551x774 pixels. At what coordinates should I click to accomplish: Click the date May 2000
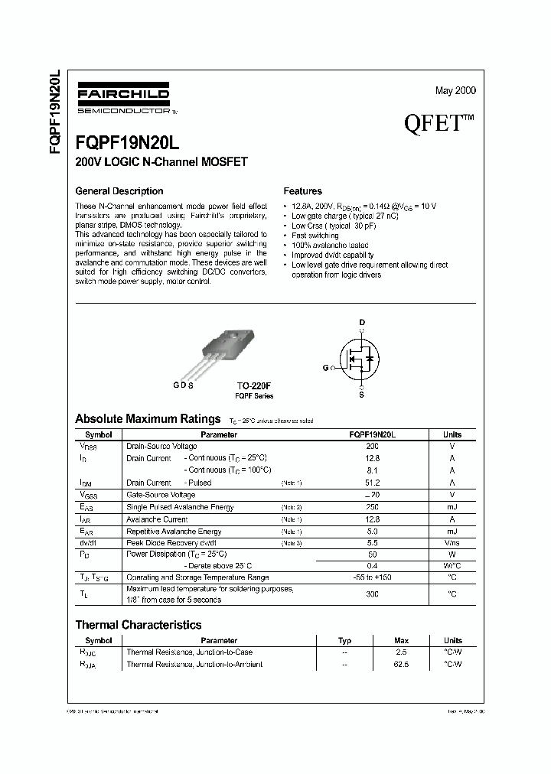[x=455, y=90]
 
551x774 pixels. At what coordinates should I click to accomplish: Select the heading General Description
[x=119, y=191]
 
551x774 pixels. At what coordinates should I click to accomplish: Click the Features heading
[x=302, y=191]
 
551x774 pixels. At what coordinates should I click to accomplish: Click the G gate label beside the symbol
[x=325, y=368]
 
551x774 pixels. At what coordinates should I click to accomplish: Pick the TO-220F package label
[x=254, y=387]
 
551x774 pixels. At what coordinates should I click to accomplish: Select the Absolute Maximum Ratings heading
[x=148, y=418]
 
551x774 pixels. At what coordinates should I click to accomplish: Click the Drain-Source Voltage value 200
[x=373, y=446]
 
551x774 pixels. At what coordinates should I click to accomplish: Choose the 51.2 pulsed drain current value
[x=373, y=483]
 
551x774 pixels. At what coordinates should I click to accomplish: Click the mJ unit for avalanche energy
[x=452, y=507]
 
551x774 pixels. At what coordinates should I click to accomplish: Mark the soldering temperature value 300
[x=373, y=594]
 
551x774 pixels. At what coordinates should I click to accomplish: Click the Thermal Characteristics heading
[x=138, y=625]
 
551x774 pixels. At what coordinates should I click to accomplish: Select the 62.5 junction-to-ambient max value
[x=401, y=665]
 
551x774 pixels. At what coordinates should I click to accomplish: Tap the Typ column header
[x=345, y=641]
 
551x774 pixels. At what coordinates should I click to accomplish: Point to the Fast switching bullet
[x=315, y=236]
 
